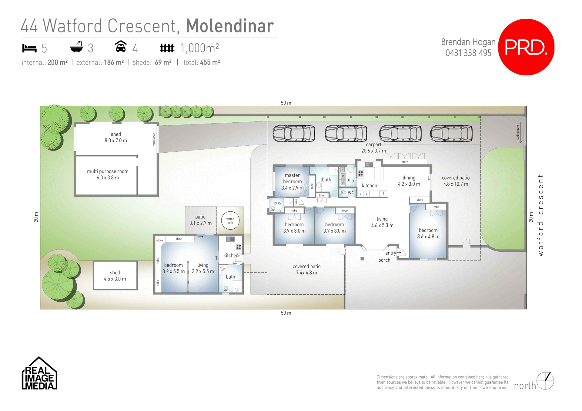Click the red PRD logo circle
click(526, 47)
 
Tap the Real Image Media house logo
click(39, 374)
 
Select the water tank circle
click(230, 220)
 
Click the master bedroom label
click(292, 181)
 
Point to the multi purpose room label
click(108, 174)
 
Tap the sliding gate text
click(518, 132)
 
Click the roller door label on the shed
click(154, 140)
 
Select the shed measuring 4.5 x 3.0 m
click(115, 276)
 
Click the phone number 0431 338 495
click(468, 53)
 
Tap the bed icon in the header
click(29, 48)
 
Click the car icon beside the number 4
click(121, 47)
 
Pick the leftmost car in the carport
click(293, 134)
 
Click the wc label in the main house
click(351, 192)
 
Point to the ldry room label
click(350, 180)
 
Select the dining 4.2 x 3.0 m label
click(409, 181)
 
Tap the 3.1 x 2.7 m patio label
click(200, 220)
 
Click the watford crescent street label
click(541, 215)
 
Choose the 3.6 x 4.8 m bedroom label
click(428, 234)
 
